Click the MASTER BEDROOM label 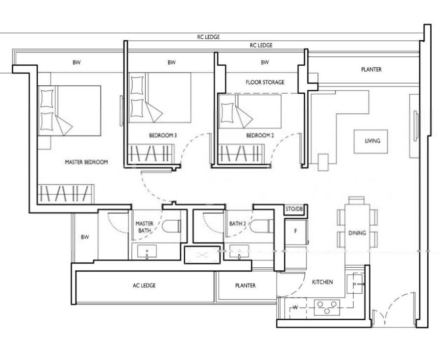coord(86,162)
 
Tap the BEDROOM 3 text coord(163,135)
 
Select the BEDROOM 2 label coord(260,135)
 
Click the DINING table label coord(357,233)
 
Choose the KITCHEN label coord(322,282)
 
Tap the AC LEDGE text coord(144,285)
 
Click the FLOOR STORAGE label coord(265,82)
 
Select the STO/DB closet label coord(294,209)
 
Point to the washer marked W coord(295,308)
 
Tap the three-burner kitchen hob coord(327,308)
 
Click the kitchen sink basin coord(354,284)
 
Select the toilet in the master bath coord(171,226)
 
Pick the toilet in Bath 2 coord(262,226)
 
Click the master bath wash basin coord(147,251)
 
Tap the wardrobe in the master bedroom coord(66,194)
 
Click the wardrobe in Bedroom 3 coord(151,154)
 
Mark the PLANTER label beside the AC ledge coord(245,285)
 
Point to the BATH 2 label coord(238,224)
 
